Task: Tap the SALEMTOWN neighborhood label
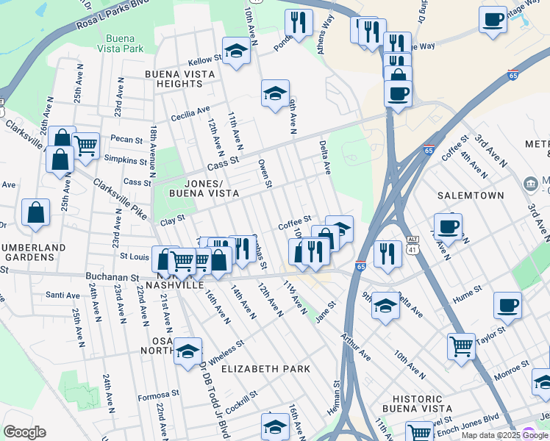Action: pos(471,196)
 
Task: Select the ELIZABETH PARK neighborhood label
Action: pos(265,368)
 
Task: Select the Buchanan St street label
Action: pos(114,279)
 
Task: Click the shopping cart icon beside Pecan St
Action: pos(86,145)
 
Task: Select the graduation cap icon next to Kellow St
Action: pos(236,51)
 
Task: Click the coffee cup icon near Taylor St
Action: pos(507,304)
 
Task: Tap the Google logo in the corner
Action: pos(24,432)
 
